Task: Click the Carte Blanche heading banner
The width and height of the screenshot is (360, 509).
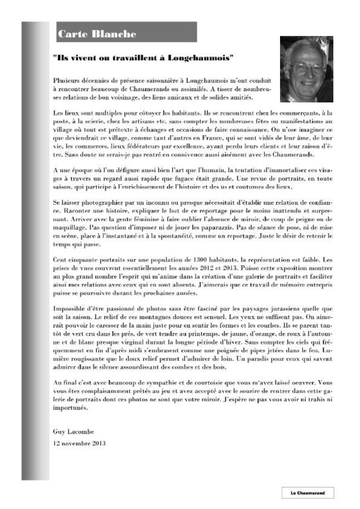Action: coord(126,32)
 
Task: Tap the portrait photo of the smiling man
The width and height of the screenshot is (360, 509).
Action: coord(306,69)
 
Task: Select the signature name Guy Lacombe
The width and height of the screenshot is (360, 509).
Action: coord(73,432)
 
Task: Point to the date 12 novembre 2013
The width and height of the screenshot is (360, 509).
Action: coord(79,443)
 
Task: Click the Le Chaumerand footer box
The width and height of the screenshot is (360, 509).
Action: coord(308,493)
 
